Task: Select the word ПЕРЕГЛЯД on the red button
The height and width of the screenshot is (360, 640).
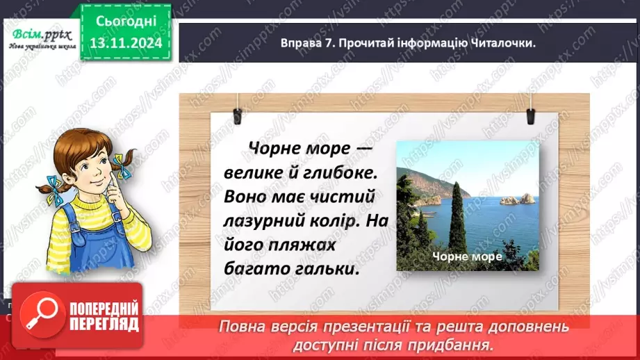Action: pyautogui.click(x=104, y=324)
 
